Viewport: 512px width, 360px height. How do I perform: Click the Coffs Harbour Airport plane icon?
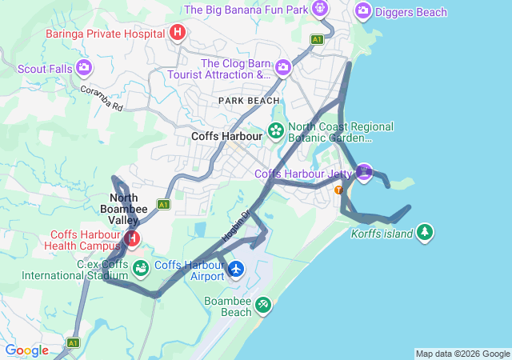point(235,269)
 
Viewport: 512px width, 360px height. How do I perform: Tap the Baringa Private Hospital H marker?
point(178,33)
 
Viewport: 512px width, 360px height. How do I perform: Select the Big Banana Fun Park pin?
point(320,10)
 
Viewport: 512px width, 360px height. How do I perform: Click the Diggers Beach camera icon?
point(363,11)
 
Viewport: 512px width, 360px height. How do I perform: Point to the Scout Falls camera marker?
point(84,68)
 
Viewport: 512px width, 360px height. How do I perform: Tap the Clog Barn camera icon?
point(282,68)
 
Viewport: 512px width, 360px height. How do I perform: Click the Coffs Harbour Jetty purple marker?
point(365,171)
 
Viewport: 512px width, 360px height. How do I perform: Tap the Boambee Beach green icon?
point(262,305)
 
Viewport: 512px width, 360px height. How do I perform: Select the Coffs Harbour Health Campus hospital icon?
point(131,238)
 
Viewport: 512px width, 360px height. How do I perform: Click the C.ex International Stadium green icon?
point(141,267)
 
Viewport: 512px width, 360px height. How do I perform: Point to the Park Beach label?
point(250,100)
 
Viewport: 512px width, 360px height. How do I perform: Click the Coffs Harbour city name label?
point(227,137)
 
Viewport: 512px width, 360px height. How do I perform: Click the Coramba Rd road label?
point(101,98)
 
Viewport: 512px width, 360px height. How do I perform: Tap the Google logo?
point(26,350)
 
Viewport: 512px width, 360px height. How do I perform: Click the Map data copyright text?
point(462,354)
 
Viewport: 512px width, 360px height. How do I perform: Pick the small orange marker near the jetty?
point(338,190)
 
